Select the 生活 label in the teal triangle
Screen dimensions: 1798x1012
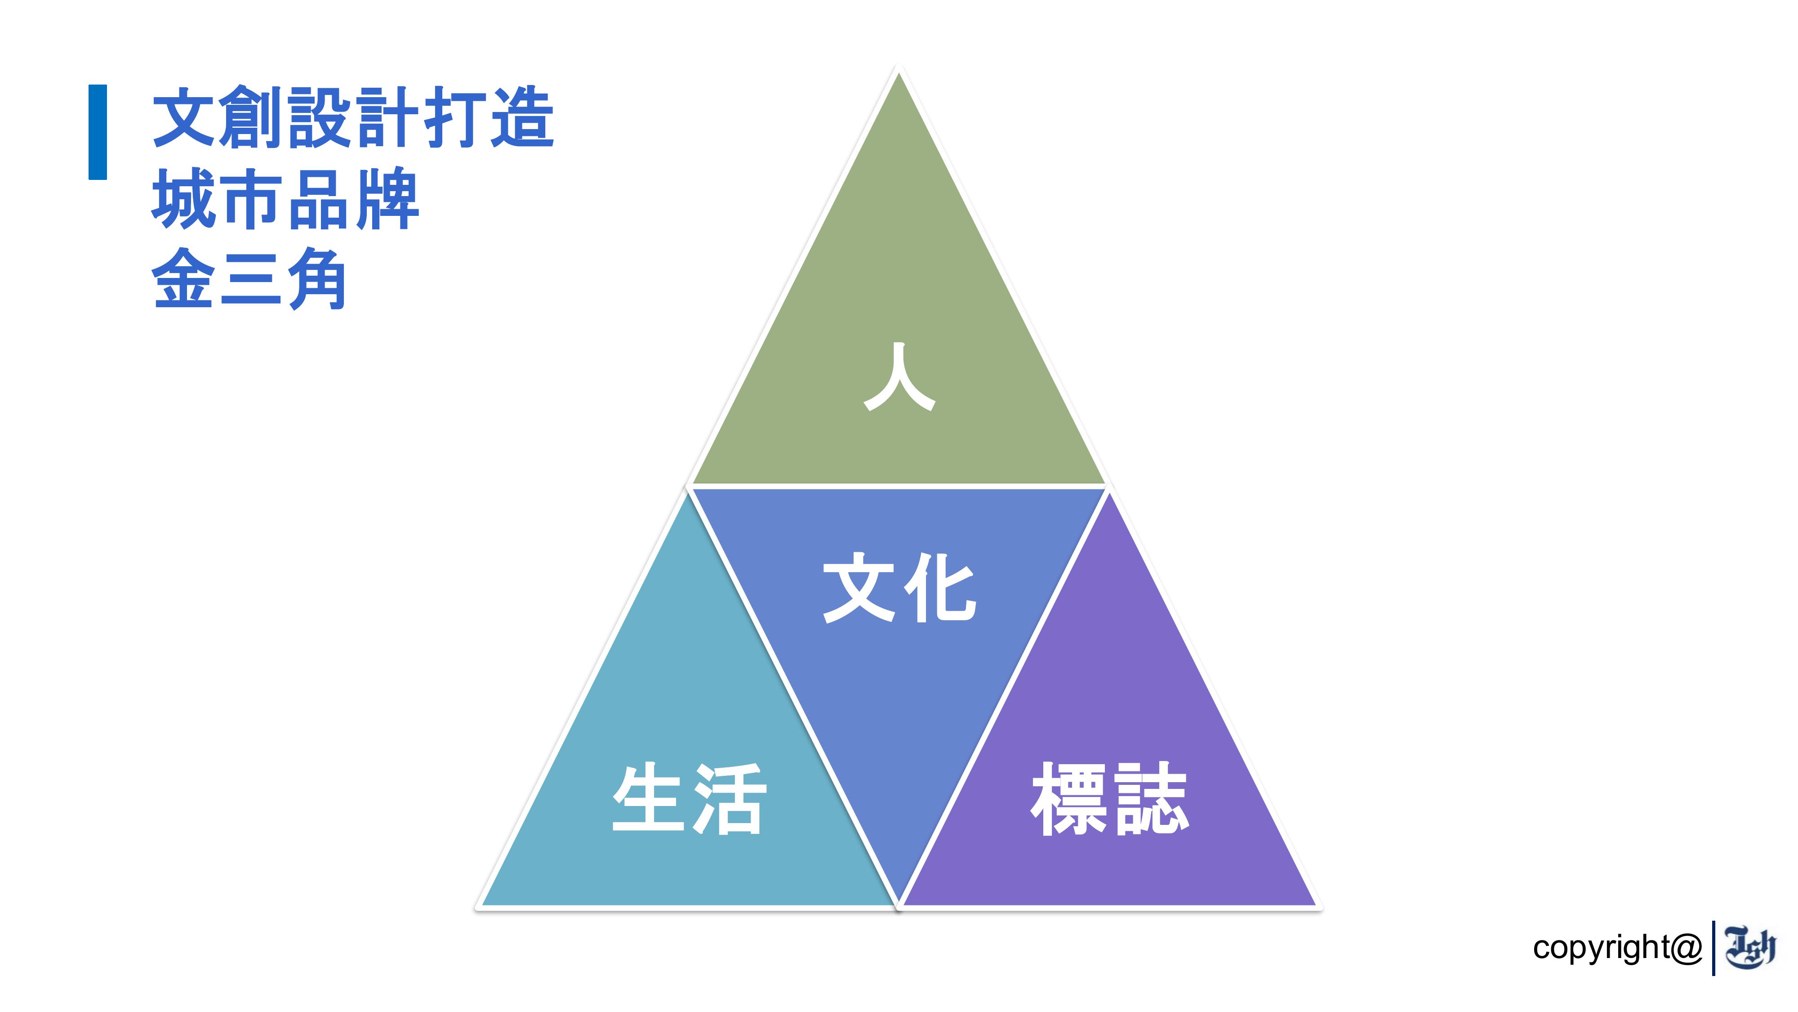click(689, 798)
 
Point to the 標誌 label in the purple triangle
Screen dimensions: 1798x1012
click(1110, 798)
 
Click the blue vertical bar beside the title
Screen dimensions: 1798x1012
click(98, 132)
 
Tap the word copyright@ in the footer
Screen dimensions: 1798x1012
click(1618, 948)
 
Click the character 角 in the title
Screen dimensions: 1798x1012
click(318, 279)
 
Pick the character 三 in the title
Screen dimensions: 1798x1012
click(251, 279)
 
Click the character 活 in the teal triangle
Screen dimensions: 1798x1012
click(729, 798)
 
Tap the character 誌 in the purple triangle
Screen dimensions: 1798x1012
click(1150, 798)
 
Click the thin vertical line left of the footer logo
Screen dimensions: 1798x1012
click(1713, 948)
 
